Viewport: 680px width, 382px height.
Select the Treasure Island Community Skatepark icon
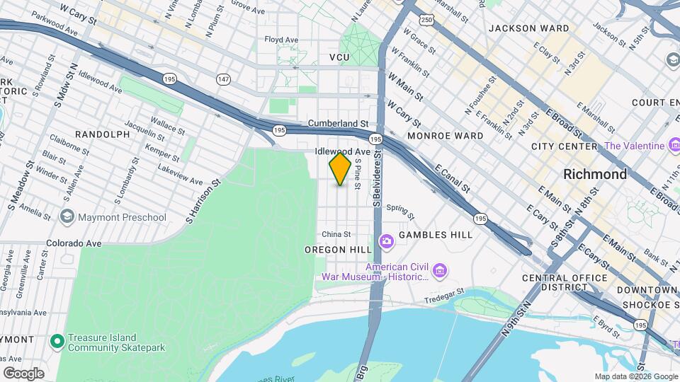pos(58,342)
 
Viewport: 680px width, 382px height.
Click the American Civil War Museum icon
pos(440,271)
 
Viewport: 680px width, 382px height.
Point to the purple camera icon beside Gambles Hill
pos(386,242)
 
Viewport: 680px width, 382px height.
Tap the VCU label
pos(340,57)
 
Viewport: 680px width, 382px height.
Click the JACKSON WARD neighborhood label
pos(528,28)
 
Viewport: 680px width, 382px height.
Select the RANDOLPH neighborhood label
pos(102,134)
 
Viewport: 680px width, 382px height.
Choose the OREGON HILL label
pos(338,250)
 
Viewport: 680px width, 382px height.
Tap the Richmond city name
pos(594,174)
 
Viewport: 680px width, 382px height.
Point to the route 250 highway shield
pos(426,20)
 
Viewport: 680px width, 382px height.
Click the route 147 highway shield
pos(224,79)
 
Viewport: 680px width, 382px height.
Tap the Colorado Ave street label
pos(75,243)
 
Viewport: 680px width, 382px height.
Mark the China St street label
pos(336,234)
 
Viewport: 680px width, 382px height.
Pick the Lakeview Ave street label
pos(180,172)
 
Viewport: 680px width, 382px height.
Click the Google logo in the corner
pos(23,373)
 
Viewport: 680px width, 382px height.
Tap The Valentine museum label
pos(634,146)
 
